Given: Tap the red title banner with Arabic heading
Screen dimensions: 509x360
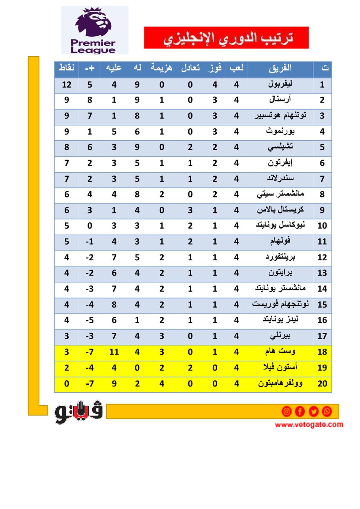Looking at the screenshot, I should click(x=226, y=37).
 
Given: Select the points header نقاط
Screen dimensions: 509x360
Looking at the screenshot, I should click(x=67, y=68).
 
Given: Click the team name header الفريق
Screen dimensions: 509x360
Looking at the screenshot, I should click(x=280, y=68).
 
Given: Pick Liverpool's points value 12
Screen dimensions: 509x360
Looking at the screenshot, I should click(x=67, y=85).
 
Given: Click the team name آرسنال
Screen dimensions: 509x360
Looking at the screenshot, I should click(x=280, y=100).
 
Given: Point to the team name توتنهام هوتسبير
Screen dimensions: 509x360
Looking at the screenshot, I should click(x=280, y=116).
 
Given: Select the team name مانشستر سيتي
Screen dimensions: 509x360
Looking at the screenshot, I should click(x=280, y=194).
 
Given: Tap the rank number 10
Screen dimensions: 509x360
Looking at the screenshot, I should click(x=322, y=226).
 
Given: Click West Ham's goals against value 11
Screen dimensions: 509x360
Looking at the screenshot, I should click(x=114, y=352).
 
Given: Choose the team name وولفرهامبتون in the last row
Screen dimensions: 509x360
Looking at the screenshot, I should click(x=280, y=384).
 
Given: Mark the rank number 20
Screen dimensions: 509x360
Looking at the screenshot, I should click(x=322, y=384).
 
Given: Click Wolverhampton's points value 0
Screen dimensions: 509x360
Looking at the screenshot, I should click(x=67, y=384).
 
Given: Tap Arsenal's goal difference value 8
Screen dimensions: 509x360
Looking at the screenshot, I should click(x=89, y=100).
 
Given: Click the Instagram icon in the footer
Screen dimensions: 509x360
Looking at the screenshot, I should click(x=287, y=411).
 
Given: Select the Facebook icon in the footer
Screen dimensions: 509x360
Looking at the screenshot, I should click(x=300, y=411).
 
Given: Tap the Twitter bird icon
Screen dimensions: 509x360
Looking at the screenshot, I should click(x=313, y=411).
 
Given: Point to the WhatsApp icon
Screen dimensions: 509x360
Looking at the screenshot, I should click(x=327, y=411).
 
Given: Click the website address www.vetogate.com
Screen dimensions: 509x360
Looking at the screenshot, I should click(x=309, y=424).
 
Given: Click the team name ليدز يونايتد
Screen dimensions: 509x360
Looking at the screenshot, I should click(x=280, y=320).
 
